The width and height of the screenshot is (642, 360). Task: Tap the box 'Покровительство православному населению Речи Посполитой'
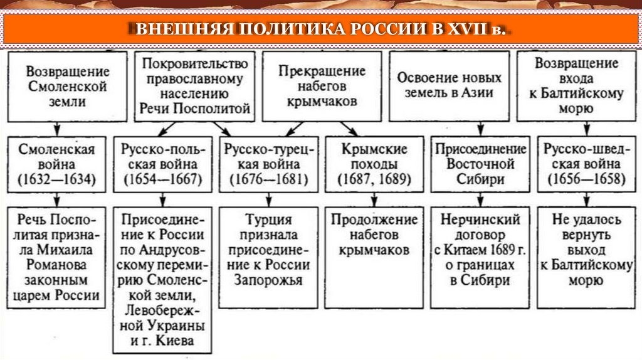pos(195,86)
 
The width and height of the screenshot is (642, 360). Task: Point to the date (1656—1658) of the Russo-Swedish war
pos(585,179)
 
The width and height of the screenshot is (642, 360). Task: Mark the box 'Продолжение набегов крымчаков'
pos(374,235)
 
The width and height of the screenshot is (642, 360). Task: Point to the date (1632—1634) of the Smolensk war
pos(56,179)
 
